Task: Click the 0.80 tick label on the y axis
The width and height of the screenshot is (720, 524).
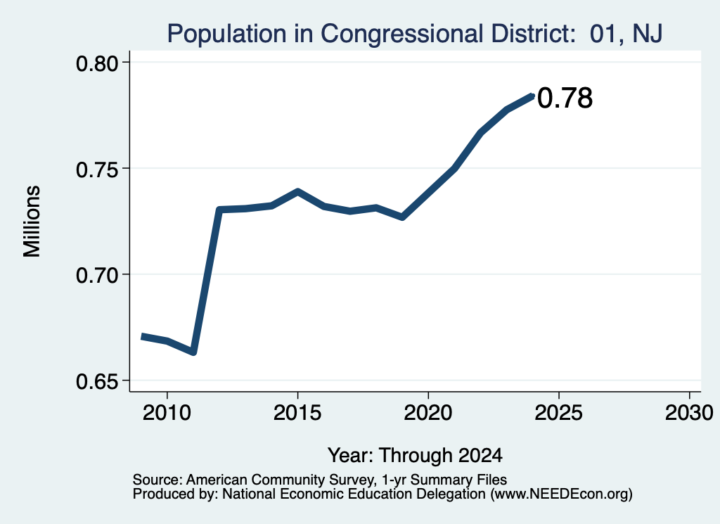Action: click(x=97, y=63)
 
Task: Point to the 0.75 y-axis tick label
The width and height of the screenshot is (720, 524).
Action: click(x=97, y=170)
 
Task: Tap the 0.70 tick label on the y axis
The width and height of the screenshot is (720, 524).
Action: click(x=97, y=276)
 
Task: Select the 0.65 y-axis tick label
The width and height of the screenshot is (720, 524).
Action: click(x=97, y=382)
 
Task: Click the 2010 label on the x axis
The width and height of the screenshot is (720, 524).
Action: click(x=167, y=413)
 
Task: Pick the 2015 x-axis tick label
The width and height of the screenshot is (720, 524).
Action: click(x=297, y=413)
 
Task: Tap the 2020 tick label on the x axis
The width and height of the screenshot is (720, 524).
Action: click(x=428, y=413)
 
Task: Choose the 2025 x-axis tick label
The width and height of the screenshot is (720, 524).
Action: click(x=559, y=413)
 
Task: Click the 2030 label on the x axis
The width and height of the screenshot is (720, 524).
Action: click(x=689, y=413)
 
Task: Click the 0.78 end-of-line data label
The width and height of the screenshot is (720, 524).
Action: click(x=565, y=98)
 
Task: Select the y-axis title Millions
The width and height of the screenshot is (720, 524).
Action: click(x=32, y=222)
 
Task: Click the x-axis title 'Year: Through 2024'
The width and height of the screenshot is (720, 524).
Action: click(x=415, y=456)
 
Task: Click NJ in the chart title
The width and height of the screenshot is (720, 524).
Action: click(x=648, y=34)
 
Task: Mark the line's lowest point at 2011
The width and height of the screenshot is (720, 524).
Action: click(x=193, y=352)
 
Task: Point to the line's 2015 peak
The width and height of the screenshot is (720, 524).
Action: click(x=297, y=191)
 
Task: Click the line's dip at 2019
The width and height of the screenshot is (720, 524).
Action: click(x=402, y=217)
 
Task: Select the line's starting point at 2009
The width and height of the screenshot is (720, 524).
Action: click(x=142, y=337)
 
